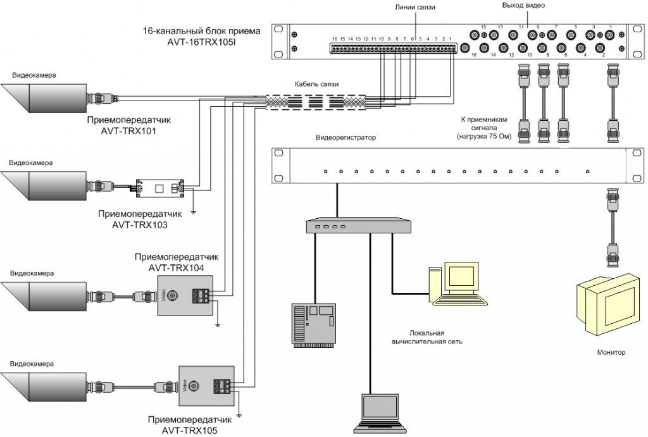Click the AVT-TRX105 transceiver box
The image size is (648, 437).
pyautogui.click(x=206, y=385)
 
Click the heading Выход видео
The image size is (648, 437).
pyautogui.click(x=523, y=6)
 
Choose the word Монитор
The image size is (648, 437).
pyautogui.click(x=611, y=352)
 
